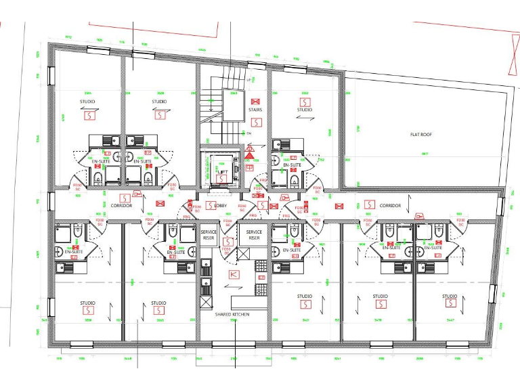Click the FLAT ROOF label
420,135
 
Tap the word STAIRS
255,110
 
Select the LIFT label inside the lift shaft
221,172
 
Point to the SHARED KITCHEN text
233,313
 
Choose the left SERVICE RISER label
209,235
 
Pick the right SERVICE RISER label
254,235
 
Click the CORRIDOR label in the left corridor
121,204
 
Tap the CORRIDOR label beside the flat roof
390,205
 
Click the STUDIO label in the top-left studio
87,102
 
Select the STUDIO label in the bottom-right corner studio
450,297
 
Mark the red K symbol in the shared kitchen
234,274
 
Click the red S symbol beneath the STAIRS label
255,122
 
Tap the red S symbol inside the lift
221,179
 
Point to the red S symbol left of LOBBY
211,205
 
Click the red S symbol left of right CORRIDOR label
369,204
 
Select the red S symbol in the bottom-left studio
87,310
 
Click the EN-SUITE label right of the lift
292,165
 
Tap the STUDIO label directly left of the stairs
159,102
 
